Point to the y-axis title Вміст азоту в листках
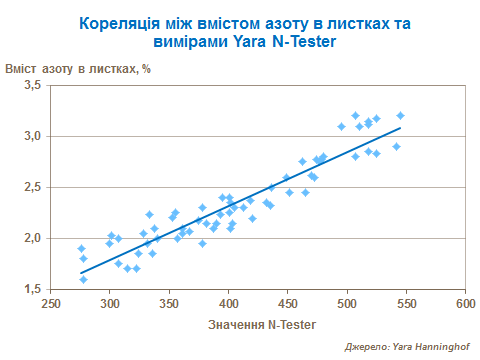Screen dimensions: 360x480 (77, 68)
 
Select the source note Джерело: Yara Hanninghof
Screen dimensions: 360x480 (407, 346)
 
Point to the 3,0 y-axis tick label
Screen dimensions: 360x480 (33, 136)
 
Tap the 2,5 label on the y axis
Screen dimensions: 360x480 (33, 187)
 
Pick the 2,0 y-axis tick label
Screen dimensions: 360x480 (33, 238)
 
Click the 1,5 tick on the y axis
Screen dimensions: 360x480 (33, 289)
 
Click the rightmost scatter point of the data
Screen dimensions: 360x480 (400, 116)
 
